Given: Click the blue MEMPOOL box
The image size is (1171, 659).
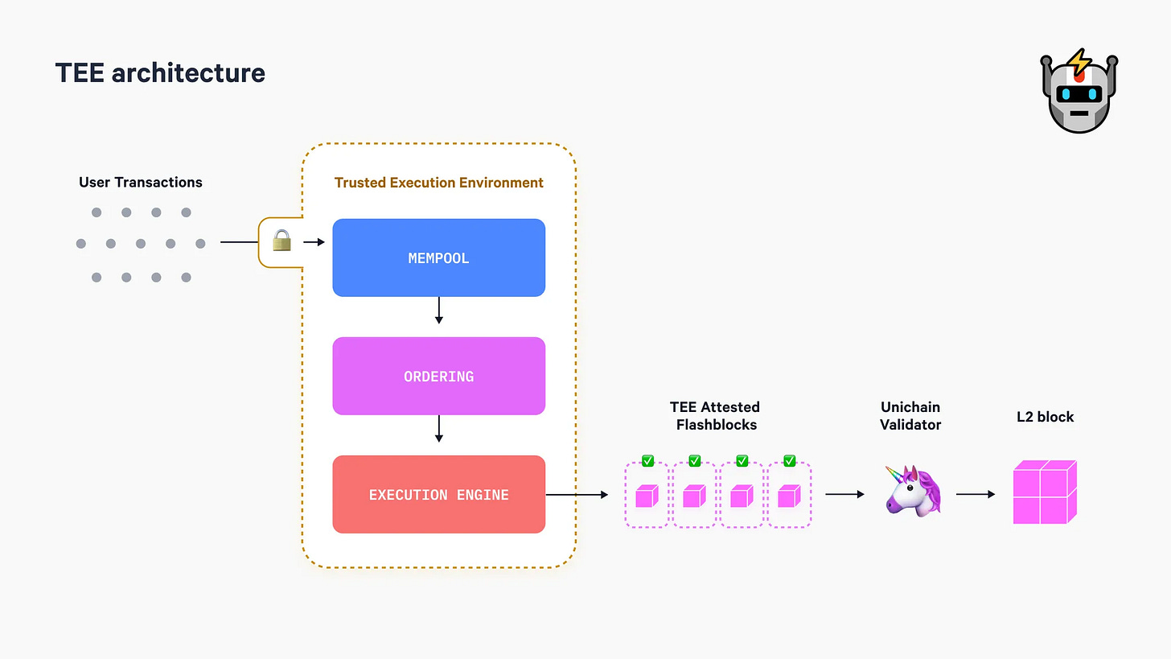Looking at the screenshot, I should coord(438,258).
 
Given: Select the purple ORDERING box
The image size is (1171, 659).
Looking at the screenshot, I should coord(438,376).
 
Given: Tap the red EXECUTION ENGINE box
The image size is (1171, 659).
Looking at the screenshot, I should coord(438,494).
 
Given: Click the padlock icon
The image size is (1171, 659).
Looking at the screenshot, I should coord(281,241).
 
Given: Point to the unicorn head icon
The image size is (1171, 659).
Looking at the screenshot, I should coord(912,490).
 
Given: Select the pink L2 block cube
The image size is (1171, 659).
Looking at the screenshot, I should coord(1044,492).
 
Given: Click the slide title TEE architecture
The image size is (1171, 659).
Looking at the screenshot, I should coord(160,73).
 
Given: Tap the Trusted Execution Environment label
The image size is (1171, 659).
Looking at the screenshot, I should coord(438,183).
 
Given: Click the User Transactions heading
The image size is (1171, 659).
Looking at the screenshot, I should coord(141,183).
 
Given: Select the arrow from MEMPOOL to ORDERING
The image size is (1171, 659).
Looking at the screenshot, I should coord(438,311).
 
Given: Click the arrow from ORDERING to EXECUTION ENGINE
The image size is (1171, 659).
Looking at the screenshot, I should coord(438,429).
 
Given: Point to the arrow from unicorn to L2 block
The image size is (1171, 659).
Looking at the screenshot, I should coord(976,495).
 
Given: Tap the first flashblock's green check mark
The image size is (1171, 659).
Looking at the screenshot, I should coord(647,461).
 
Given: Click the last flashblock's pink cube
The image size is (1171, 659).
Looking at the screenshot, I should coord(789,496).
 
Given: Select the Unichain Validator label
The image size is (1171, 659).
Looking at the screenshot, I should coord(910,415).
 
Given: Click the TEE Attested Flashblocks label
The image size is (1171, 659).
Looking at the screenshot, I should coord(714,415).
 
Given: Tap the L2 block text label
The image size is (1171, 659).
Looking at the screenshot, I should coord(1045,417).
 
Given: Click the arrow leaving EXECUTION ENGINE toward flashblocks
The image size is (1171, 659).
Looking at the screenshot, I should coord(577,495).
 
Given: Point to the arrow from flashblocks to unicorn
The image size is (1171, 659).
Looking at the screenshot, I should coord(844,495).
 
